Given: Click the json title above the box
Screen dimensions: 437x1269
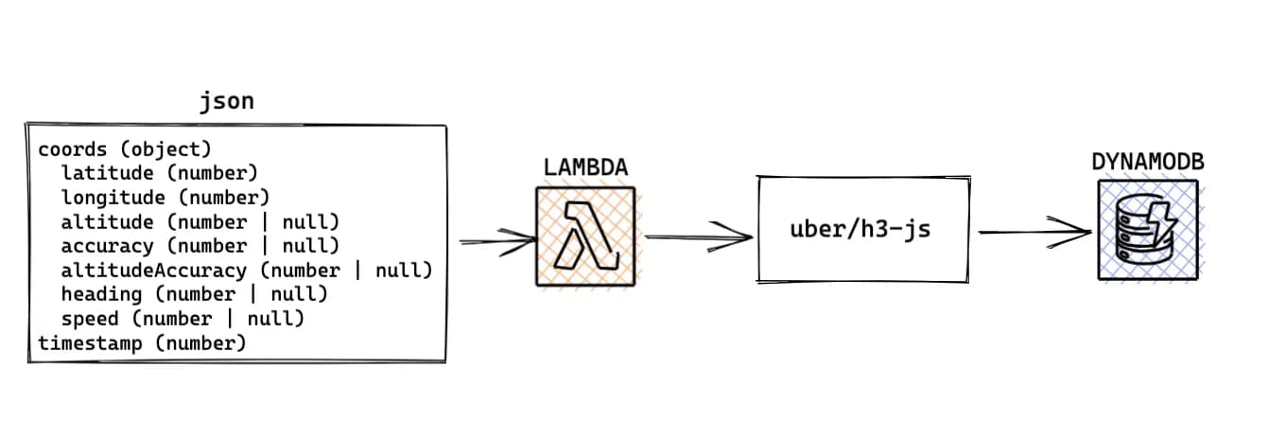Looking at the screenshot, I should [x=226, y=101].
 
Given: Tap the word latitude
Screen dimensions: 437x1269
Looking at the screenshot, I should [x=107, y=173].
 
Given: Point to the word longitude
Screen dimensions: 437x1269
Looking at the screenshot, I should [x=113, y=198].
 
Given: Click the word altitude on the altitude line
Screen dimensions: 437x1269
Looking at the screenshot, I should [x=107, y=221].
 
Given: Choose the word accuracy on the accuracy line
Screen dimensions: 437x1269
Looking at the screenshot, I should [x=107, y=246].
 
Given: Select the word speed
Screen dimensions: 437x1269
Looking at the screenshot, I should [x=90, y=319].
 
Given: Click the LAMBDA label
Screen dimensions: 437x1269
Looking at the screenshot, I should [x=586, y=168].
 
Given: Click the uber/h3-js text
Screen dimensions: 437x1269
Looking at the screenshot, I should [x=860, y=230].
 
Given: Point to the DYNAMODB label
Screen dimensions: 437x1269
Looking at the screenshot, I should [x=1147, y=162].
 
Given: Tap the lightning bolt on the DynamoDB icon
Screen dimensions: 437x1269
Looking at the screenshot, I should [x=1163, y=219].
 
